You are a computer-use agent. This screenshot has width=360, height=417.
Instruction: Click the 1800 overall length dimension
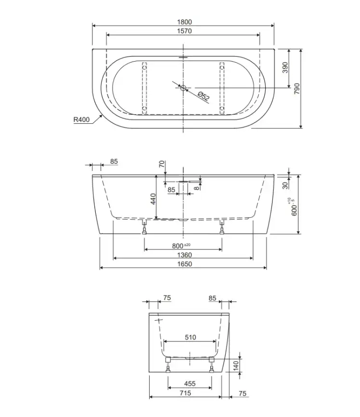[184, 22]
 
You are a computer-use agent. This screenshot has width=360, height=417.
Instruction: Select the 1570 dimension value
[184, 31]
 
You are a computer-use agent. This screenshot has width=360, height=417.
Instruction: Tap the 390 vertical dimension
[284, 68]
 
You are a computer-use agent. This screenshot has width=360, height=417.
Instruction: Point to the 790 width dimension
[297, 88]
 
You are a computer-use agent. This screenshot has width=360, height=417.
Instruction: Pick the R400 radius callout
[81, 120]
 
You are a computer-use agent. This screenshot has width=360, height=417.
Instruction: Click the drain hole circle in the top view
[183, 88]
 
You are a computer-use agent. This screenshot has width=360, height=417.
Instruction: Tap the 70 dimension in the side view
[162, 164]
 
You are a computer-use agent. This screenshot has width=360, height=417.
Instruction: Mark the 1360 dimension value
[184, 255]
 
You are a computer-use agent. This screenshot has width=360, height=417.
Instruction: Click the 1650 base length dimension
[184, 264]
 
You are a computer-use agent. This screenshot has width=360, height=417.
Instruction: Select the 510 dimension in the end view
[190, 338]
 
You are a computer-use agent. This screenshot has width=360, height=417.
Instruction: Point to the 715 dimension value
[185, 393]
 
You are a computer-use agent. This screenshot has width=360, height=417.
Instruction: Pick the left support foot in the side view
[144, 229]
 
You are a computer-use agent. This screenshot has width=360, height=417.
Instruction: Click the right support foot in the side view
[222, 229]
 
